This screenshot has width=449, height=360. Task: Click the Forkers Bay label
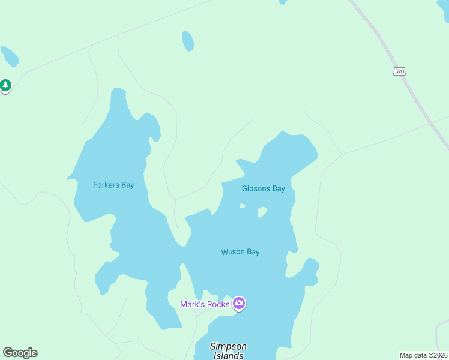(x=113, y=185)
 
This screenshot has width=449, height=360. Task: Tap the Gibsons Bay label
(x=263, y=188)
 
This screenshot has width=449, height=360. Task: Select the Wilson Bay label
(x=240, y=252)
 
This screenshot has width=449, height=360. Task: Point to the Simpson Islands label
(x=228, y=351)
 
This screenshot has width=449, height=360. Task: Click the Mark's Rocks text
(x=205, y=304)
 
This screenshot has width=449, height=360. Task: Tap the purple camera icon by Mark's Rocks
(x=239, y=304)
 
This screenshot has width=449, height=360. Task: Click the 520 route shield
(x=400, y=71)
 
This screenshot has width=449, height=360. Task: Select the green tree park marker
(x=6, y=86)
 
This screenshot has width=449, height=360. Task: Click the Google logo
(x=20, y=353)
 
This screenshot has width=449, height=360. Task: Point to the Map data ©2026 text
(x=424, y=355)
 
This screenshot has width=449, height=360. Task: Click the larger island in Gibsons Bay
(x=262, y=212)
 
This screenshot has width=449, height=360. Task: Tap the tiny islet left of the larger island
(x=242, y=206)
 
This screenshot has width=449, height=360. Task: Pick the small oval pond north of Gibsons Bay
(x=188, y=41)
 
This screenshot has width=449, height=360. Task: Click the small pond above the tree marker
(x=10, y=56)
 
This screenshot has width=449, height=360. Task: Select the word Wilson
(x=232, y=252)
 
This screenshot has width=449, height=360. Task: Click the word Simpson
(x=228, y=346)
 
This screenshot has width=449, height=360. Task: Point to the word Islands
(x=228, y=356)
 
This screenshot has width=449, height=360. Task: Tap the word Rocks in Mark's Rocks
(x=218, y=304)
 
